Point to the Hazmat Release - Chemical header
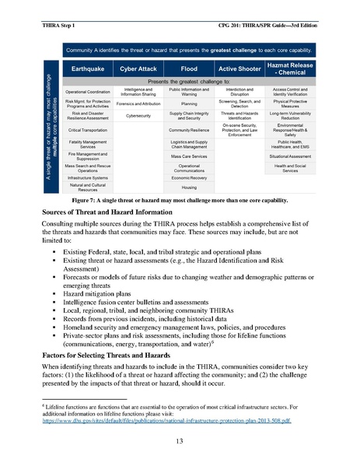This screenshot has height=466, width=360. (x=291, y=69)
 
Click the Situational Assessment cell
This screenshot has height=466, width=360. (x=291, y=156)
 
